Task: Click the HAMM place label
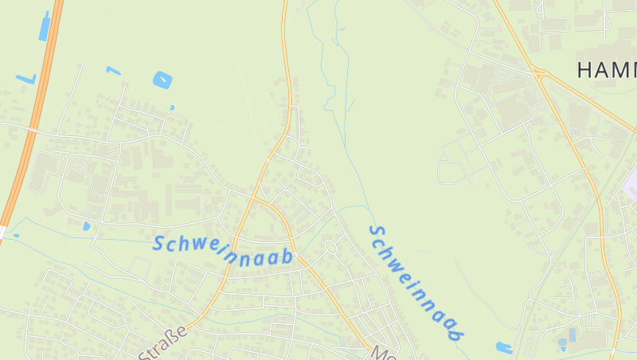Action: [x=606, y=69]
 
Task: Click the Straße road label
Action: [x=163, y=343]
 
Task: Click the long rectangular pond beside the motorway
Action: [x=45, y=26]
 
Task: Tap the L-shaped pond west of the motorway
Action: [x=25, y=79]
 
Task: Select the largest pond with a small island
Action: [x=162, y=80]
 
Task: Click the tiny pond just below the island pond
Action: [x=172, y=107]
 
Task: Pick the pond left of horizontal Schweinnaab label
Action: [x=86, y=226]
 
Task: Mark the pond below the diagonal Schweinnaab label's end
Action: [x=503, y=347]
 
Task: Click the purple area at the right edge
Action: [x=631, y=184]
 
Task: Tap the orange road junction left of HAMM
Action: [x=540, y=73]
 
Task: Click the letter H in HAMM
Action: [x=584, y=69]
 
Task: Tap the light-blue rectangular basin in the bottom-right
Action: [x=570, y=335]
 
